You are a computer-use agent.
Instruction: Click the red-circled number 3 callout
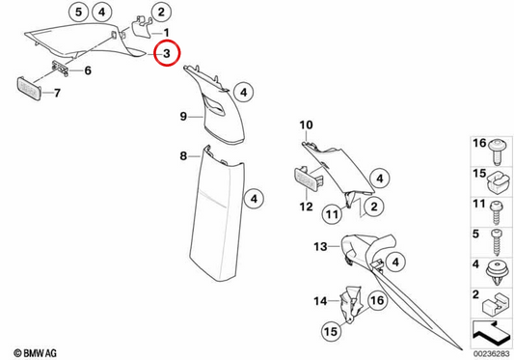[167, 53]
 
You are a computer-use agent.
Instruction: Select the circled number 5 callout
[78, 13]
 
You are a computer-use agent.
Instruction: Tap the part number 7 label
[57, 93]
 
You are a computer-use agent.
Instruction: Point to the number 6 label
[88, 70]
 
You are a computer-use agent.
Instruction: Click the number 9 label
[183, 116]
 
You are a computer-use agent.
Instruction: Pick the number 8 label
[183, 156]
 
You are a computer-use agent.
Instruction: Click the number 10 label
[306, 125]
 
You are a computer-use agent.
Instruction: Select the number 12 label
[306, 207]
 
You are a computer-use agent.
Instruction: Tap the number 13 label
[320, 246]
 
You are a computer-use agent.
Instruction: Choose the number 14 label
[320, 300]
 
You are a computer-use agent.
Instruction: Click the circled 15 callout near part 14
[331, 331]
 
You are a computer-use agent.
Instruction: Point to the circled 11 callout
[332, 214]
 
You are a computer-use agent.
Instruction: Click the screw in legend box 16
[498, 152]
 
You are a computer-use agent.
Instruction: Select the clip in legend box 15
[499, 184]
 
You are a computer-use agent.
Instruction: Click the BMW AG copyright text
[36, 353]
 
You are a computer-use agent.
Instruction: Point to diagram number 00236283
[492, 354]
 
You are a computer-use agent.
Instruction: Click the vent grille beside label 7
[29, 88]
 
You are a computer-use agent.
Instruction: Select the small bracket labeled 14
[350, 304]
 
